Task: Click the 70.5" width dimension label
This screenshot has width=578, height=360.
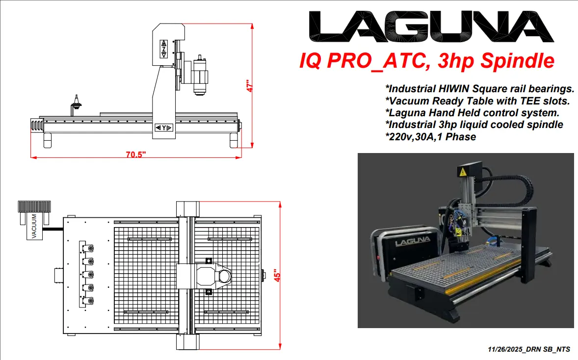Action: coord(136,154)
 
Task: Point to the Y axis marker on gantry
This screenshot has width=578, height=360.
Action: coord(163,128)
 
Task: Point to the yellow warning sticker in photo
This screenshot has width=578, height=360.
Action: coord(462,172)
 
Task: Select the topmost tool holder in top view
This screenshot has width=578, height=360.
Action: coord(91,249)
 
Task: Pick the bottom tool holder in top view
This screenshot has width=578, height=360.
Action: coord(91,300)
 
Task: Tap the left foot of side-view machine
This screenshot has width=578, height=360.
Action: coord(48,140)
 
